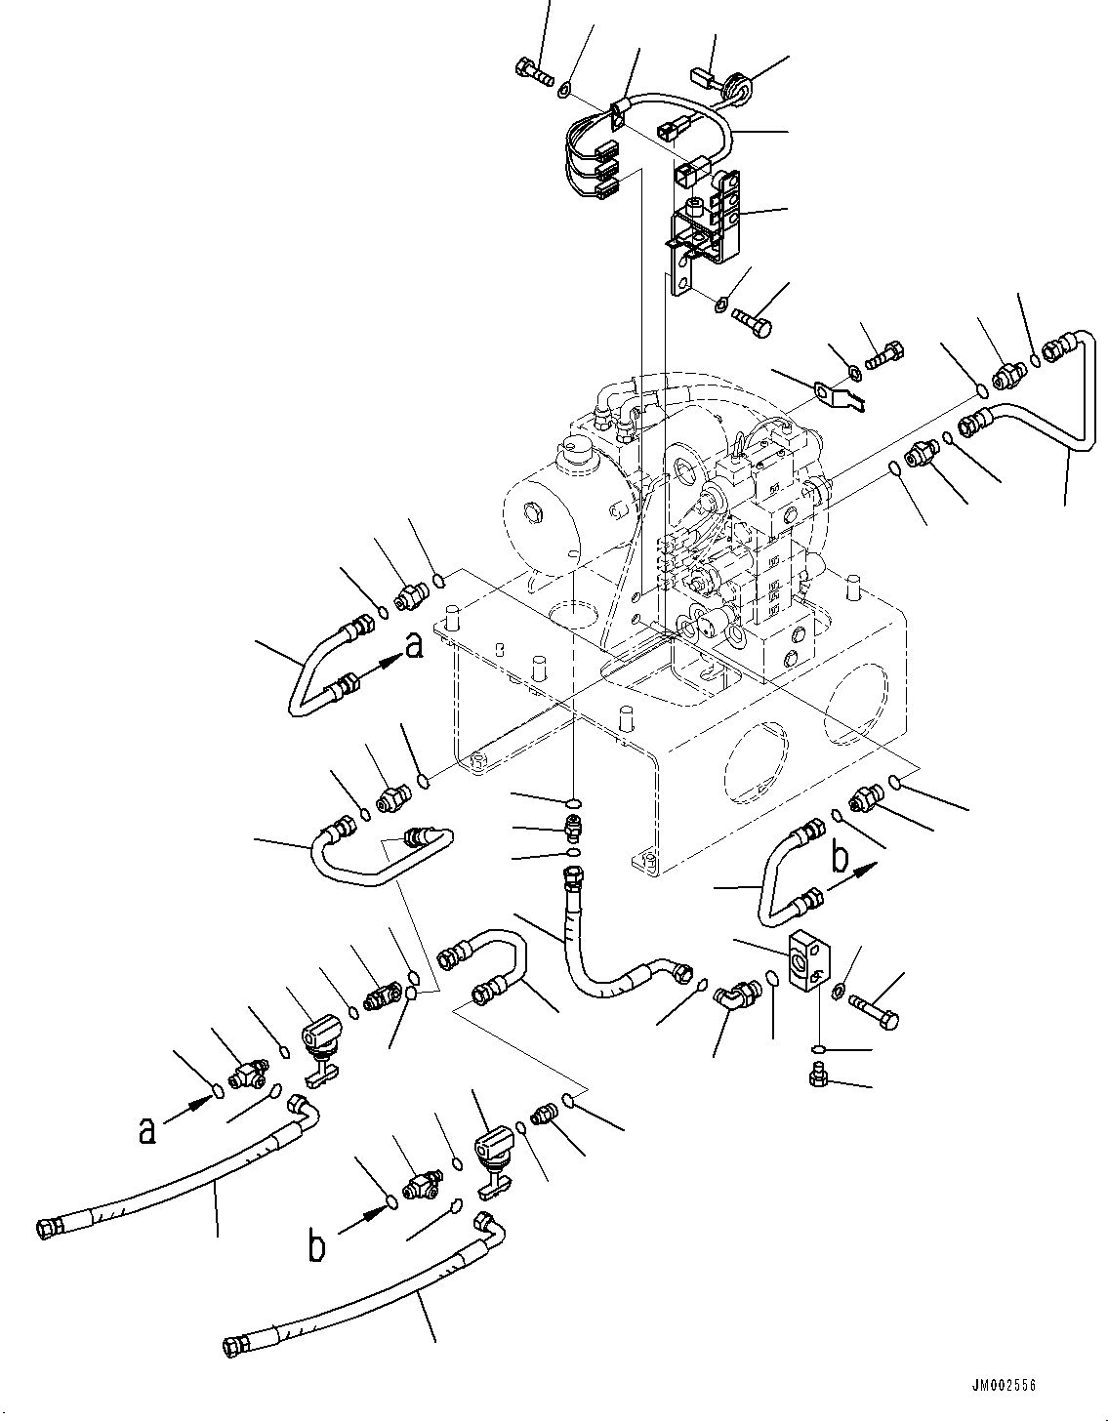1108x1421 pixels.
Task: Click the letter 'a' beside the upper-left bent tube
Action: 414,646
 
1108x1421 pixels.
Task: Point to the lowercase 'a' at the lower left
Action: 146,1129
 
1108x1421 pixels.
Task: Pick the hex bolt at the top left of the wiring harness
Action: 531,70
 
